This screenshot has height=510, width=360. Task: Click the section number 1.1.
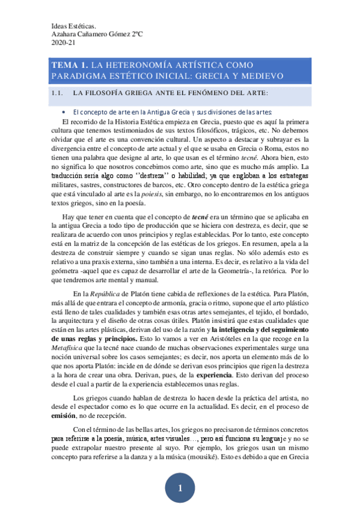click(x=58, y=93)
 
